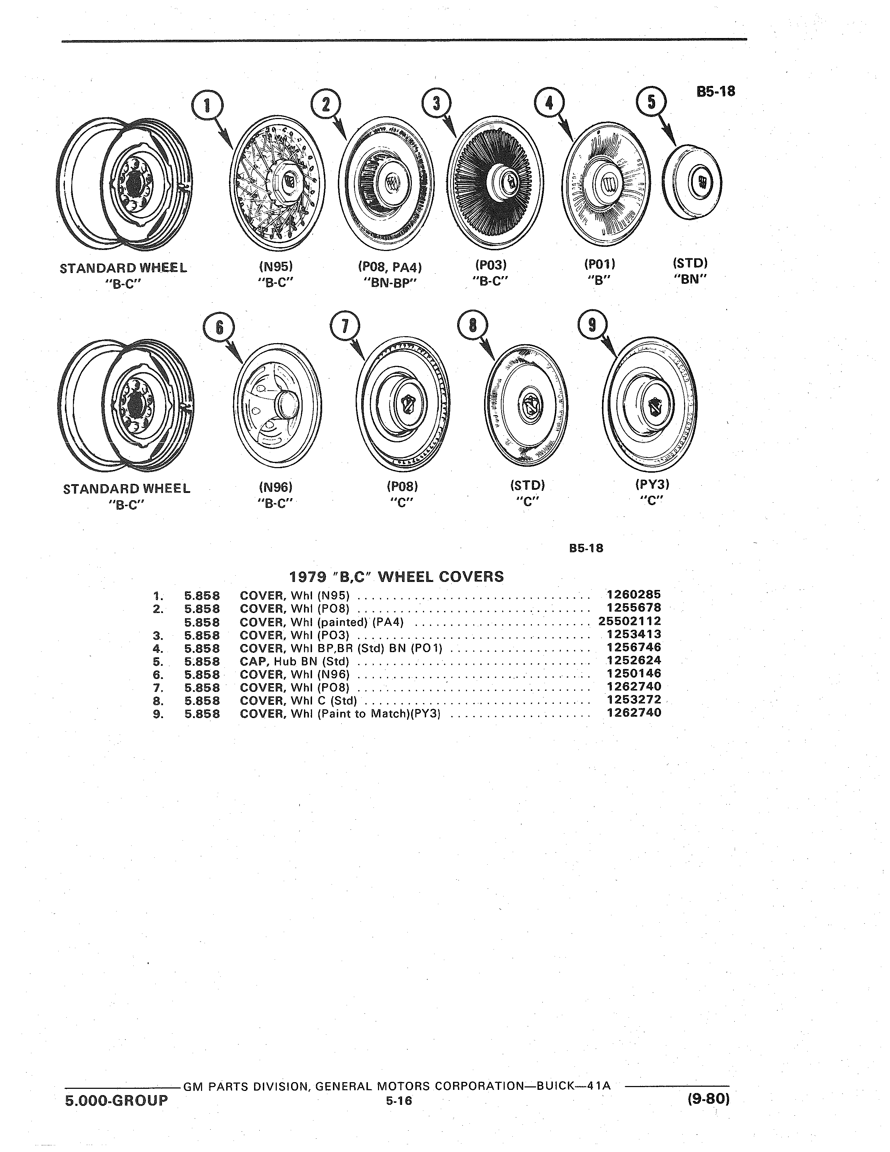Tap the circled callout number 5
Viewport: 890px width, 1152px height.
click(651, 102)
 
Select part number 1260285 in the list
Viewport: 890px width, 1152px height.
click(634, 595)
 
